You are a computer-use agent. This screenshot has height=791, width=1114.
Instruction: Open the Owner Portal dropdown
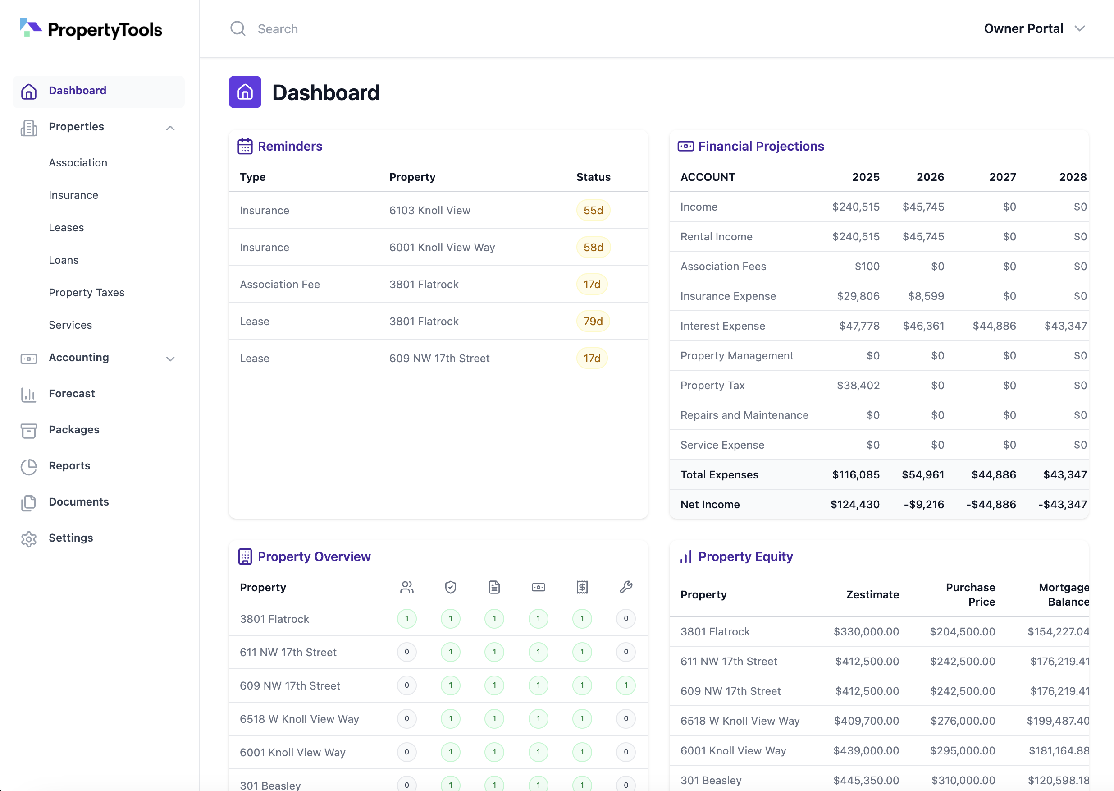[x=1034, y=29]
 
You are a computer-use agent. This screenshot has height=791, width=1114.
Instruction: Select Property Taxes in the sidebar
[x=87, y=292]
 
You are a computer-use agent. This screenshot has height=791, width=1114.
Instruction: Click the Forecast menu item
[x=72, y=394]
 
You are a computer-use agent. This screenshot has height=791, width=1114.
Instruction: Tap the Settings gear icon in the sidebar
[x=29, y=539]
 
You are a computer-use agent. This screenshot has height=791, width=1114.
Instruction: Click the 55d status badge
[x=593, y=211]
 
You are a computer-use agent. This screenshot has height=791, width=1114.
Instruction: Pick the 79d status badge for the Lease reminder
[x=593, y=322]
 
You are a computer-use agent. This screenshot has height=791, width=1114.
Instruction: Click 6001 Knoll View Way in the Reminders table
[x=442, y=248]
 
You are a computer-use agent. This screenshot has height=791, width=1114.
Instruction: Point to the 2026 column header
[x=930, y=177]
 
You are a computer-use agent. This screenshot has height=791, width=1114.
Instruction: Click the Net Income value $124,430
[x=854, y=505]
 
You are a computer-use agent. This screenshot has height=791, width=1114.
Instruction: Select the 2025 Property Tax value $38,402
[x=858, y=385]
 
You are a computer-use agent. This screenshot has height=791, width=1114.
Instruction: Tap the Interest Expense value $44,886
[x=994, y=326]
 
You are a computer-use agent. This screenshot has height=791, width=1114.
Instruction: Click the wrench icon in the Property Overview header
[x=626, y=587]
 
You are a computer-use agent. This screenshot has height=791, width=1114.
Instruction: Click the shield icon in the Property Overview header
[x=451, y=587]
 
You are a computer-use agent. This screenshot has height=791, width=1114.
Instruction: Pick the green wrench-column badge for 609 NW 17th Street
[x=626, y=685]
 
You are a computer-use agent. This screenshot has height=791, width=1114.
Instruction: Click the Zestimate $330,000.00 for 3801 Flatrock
[x=866, y=632]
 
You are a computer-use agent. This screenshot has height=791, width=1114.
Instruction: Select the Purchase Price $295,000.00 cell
[x=962, y=750]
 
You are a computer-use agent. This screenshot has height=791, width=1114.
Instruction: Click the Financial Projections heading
[x=761, y=146]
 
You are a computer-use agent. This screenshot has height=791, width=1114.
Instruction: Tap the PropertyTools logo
[x=91, y=29]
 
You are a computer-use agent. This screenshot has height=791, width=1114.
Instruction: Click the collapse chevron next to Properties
[x=170, y=128]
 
